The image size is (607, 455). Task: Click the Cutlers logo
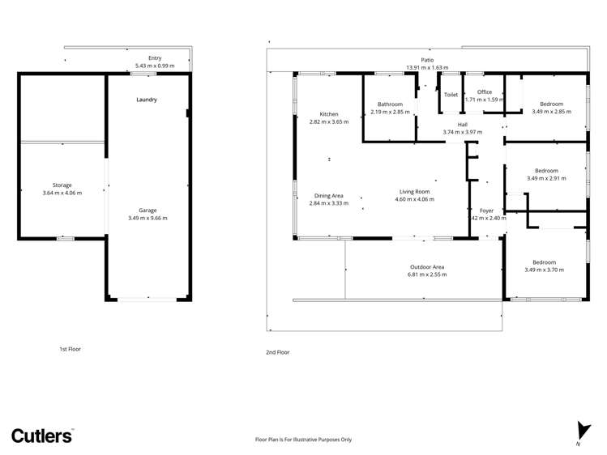tap(41, 435)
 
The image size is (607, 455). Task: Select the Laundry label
tap(146, 100)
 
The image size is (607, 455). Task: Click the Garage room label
tap(147, 210)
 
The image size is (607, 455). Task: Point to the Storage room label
tap(62, 185)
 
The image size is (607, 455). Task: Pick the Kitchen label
tap(328, 114)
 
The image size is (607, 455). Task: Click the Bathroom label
tap(390, 104)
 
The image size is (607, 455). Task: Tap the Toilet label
tap(451, 95)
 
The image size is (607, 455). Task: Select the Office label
tap(485, 92)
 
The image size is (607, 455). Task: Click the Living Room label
tap(414, 192)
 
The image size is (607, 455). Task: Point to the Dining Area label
tap(328, 196)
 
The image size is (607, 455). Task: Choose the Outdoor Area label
tap(426, 267)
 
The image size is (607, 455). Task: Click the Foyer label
tap(486, 210)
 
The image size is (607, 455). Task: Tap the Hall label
tap(462, 125)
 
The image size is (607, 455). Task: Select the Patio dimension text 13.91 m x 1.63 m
tap(427, 68)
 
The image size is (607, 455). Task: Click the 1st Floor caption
tap(70, 349)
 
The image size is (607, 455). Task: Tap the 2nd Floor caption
tap(278, 352)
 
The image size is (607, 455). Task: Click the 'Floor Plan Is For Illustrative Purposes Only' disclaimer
tap(303, 440)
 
